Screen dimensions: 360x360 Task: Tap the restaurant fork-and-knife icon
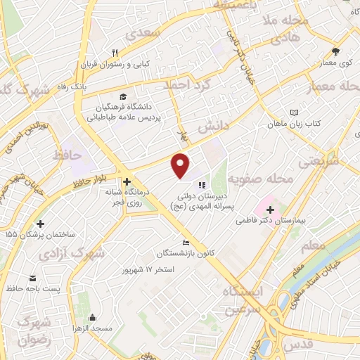[x=115, y=52]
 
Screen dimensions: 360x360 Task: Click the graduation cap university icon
[x=124, y=96]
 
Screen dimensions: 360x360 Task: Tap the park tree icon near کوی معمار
[x=335, y=51]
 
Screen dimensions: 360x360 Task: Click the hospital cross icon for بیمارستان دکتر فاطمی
[x=271, y=210]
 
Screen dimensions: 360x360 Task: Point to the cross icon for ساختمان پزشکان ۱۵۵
[x=40, y=224]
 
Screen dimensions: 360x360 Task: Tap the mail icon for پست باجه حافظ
[x=32, y=278]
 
